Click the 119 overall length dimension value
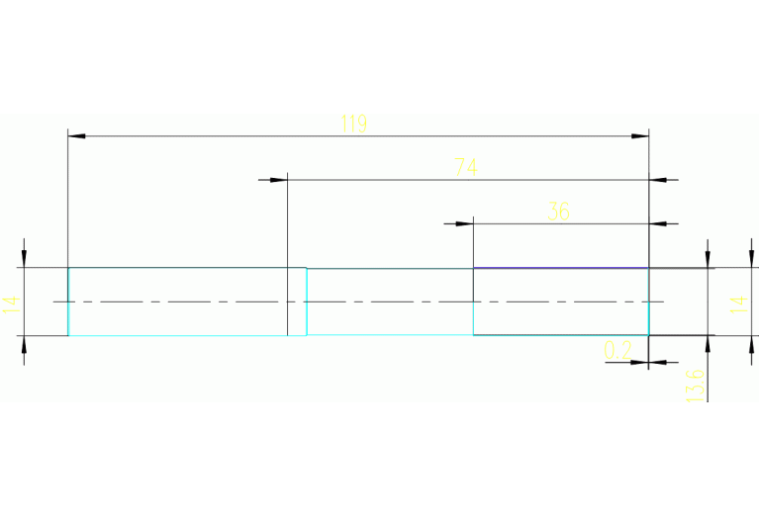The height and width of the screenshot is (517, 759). pyautogui.click(x=353, y=124)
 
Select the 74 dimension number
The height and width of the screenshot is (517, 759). pyautogui.click(x=466, y=168)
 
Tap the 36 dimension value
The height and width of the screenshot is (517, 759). pyautogui.click(x=559, y=211)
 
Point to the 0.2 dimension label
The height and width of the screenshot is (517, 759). pyautogui.click(x=617, y=349)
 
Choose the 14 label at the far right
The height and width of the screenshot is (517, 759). pyautogui.click(x=739, y=302)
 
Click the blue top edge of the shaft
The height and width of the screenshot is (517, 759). pyautogui.click(x=560, y=268)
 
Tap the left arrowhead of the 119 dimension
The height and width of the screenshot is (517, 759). pyautogui.click(x=75, y=134)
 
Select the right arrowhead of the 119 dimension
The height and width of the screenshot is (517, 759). pyautogui.click(x=640, y=134)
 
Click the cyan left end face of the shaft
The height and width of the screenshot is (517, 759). pyautogui.click(x=68, y=302)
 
